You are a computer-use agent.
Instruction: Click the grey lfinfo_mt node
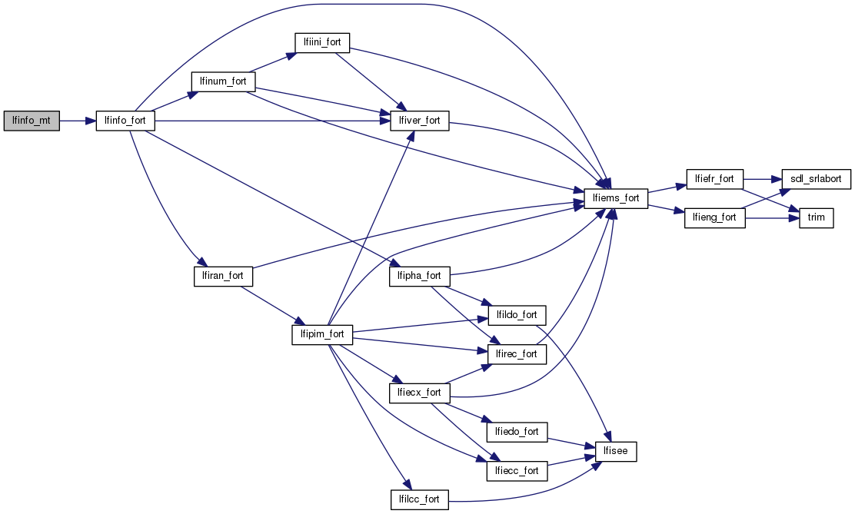32,121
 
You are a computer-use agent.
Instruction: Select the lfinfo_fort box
125,121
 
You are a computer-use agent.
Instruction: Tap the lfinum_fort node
223,80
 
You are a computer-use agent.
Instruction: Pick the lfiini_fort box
321,42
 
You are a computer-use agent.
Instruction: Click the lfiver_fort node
420,121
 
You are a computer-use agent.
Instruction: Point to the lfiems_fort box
617,197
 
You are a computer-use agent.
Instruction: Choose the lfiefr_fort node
714,178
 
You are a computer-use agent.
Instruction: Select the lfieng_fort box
714,217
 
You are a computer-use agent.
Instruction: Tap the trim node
816,217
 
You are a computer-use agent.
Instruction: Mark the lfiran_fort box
223,276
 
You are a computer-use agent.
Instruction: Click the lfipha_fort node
420,276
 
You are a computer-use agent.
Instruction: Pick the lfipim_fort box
322,335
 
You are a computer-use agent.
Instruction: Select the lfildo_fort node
517,315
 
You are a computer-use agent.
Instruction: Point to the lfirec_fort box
517,354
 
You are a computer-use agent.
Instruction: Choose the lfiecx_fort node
420,393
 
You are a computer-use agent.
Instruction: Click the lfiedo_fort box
517,432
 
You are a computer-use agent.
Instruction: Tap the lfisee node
617,451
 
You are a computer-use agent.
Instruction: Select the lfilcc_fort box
420,499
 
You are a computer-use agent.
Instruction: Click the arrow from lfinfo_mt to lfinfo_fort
77,121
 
